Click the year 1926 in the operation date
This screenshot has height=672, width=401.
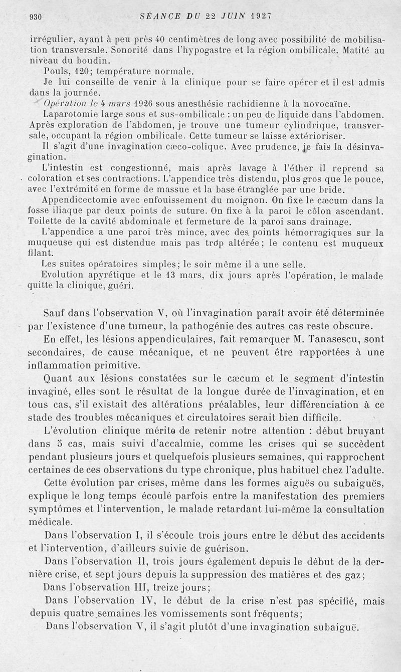[x=146, y=104]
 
